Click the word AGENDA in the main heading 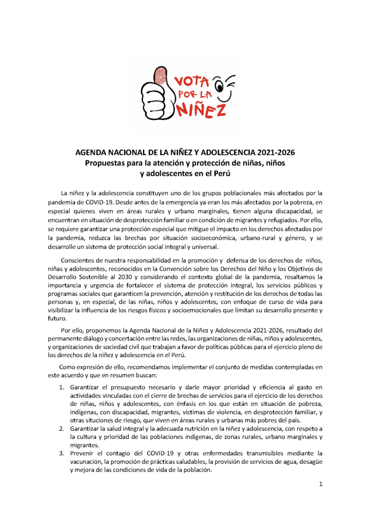pos(91,152)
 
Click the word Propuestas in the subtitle pos(106,163)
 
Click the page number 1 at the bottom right pos(321,484)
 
